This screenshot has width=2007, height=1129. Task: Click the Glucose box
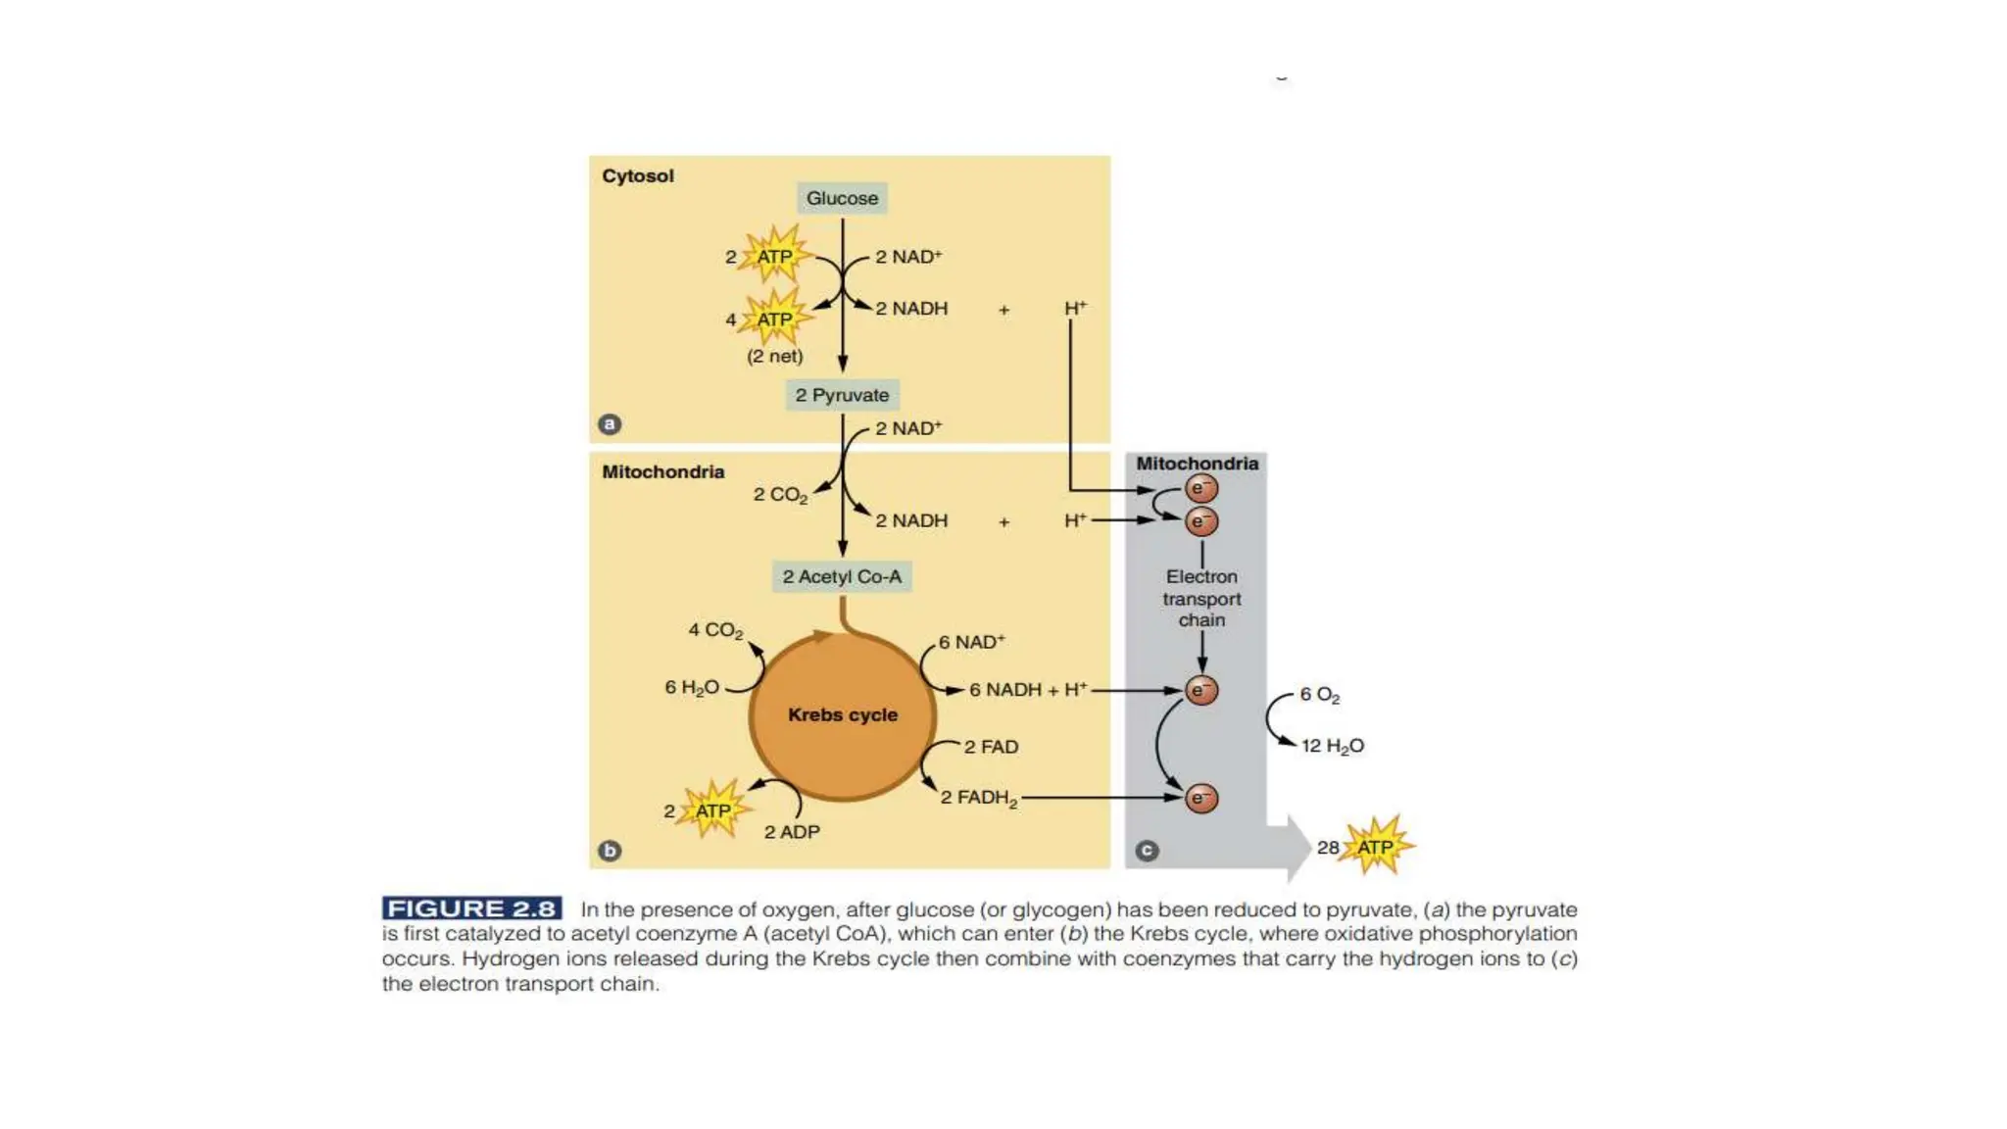(x=842, y=198)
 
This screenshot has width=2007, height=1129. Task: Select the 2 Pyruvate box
(x=842, y=395)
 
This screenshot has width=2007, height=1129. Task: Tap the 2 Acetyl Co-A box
(x=842, y=576)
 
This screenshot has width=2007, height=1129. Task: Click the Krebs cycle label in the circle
(x=843, y=714)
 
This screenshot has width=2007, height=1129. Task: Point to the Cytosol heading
(x=638, y=176)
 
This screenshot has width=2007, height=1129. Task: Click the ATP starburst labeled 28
(x=1376, y=846)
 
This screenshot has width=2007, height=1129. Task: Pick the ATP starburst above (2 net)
(x=775, y=318)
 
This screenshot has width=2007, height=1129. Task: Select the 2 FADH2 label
(x=979, y=798)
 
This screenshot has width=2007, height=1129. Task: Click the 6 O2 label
(x=1320, y=695)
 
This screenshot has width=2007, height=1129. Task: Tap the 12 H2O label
(x=1333, y=746)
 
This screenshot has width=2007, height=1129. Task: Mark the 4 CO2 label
(x=715, y=630)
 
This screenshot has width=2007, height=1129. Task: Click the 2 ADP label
(x=792, y=832)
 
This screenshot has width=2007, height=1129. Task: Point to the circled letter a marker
(x=610, y=424)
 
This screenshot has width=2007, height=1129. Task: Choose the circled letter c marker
(x=1147, y=851)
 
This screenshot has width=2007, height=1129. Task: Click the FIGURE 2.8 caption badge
(x=471, y=908)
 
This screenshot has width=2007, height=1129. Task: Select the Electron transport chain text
(x=1201, y=598)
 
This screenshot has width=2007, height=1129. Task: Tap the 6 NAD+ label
(x=972, y=642)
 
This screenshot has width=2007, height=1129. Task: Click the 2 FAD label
(x=991, y=747)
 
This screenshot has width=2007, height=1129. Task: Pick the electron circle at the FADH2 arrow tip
(x=1201, y=798)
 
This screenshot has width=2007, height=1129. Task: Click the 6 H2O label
(x=692, y=688)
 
